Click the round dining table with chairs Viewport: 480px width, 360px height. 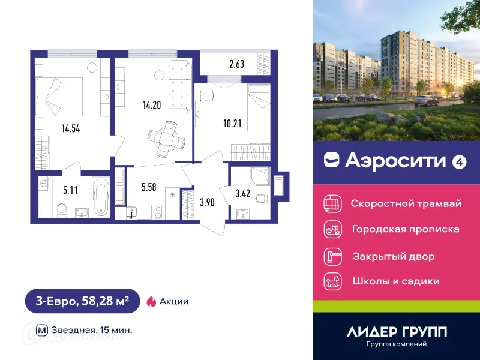164,137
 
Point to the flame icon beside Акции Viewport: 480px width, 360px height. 151,301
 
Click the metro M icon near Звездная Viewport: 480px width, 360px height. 42,329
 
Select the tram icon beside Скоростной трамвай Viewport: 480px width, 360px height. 332,203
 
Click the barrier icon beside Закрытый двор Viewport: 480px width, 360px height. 332,256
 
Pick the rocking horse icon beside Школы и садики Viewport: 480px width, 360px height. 332,281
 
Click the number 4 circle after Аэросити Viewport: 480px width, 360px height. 459,161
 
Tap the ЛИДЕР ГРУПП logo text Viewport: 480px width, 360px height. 396,331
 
